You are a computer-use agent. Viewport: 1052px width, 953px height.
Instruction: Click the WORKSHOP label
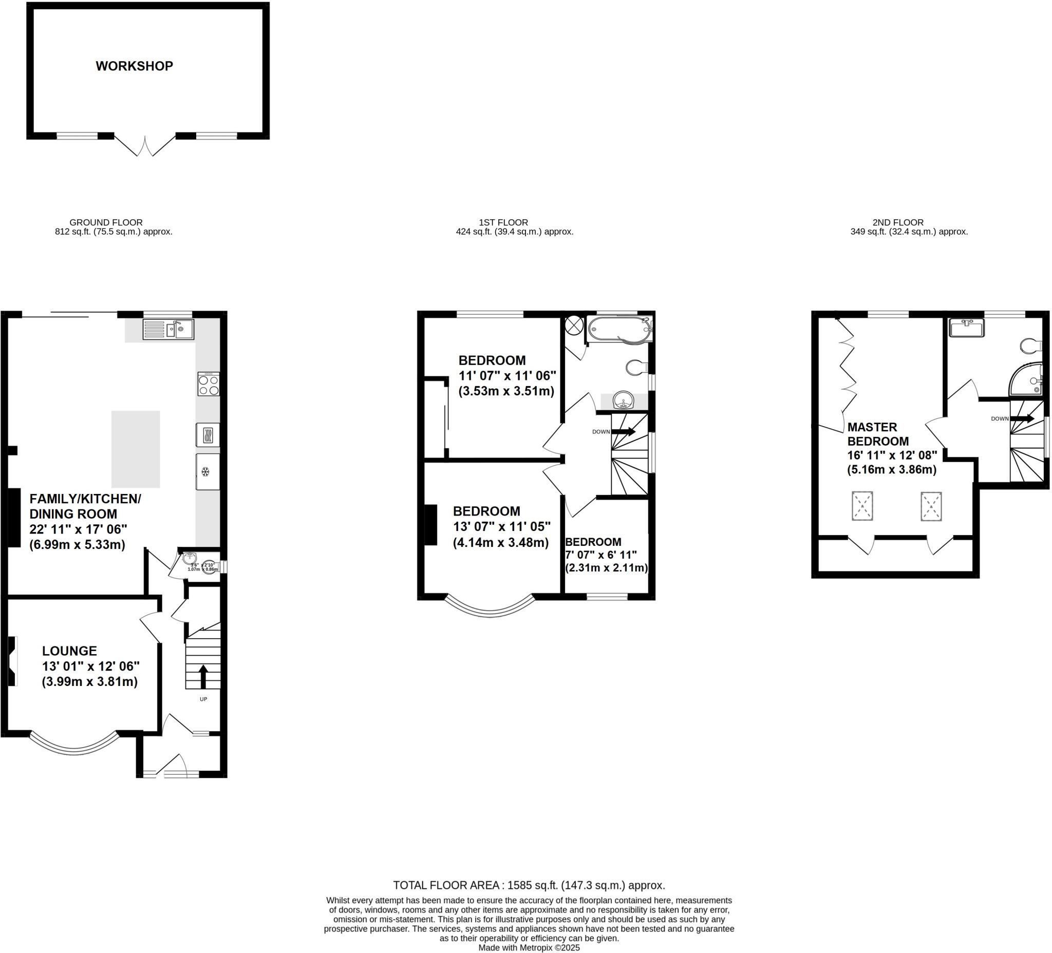(134, 66)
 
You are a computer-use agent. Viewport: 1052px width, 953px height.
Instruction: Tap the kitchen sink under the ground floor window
(168, 330)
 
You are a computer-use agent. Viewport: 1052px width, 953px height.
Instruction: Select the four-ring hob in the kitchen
(208, 385)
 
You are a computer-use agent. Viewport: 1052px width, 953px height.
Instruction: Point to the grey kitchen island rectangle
(136, 449)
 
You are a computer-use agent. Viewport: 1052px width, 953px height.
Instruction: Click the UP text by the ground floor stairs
(203, 699)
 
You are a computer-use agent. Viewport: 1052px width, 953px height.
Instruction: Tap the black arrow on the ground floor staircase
(203, 677)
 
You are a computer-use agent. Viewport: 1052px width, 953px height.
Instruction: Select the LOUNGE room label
(69, 651)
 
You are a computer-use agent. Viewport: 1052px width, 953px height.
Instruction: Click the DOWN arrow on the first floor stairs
(624, 432)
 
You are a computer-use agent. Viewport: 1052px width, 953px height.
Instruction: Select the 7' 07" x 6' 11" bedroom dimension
(601, 555)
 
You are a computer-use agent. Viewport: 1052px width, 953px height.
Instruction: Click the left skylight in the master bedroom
(862, 505)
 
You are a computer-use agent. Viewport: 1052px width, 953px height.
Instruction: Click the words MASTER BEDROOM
(878, 434)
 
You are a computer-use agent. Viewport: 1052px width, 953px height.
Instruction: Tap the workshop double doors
(145, 146)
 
